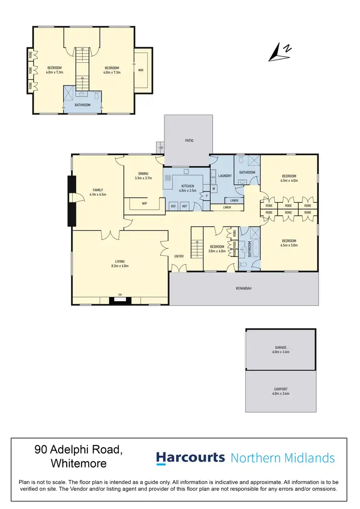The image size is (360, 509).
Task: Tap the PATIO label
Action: [188, 141]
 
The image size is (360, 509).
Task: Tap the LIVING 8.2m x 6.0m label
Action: [120, 263]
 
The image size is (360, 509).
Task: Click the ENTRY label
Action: [179, 256]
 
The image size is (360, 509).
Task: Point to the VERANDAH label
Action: [243, 288]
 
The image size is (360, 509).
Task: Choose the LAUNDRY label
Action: [225, 176]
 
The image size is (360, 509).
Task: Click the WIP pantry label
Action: [144, 203]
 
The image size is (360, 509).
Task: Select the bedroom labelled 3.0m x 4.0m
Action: [216, 249]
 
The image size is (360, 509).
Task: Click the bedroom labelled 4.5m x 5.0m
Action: [289, 243]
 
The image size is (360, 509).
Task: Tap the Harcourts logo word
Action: [191, 457]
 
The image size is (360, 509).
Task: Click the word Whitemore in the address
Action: [78, 463]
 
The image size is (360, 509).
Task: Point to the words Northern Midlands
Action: [282, 458]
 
